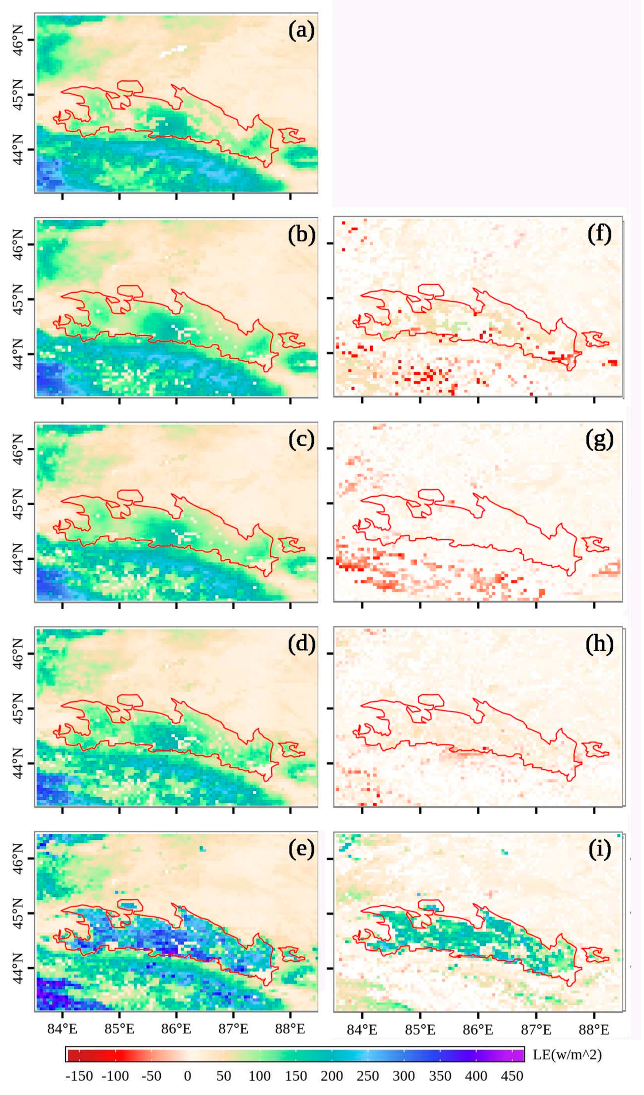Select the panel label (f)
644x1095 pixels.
tap(599, 235)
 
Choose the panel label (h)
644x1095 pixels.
tap(599, 644)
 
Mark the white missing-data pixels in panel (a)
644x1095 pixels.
tap(172, 51)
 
